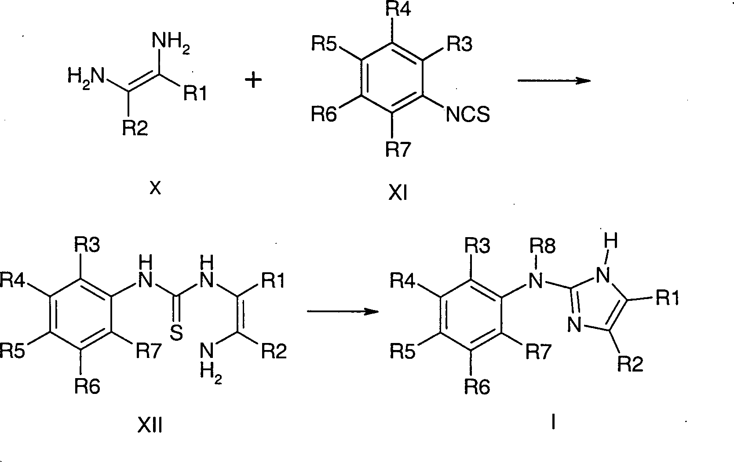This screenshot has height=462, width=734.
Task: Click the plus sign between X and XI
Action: pos(253,81)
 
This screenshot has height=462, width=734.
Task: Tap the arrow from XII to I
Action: pos(342,311)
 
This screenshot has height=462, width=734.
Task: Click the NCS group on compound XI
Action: pos(467,115)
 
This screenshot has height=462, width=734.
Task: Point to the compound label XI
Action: pos(398,193)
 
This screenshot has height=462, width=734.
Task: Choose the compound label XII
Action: pos(150,425)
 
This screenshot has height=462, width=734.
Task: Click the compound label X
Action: pos(155,189)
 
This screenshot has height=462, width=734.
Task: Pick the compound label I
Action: pos(553,422)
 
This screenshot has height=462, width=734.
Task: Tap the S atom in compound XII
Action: pos(176,333)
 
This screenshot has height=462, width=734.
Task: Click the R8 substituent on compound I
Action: pos(543,246)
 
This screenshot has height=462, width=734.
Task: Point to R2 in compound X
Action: pos(135,129)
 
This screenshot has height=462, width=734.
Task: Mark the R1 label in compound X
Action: pos(195,94)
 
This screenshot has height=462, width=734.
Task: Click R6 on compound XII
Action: pos(87,386)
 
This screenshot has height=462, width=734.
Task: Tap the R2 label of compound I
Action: pos(631,364)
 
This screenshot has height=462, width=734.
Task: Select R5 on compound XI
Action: pos(325,44)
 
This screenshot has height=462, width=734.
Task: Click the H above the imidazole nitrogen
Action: pos(611,241)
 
